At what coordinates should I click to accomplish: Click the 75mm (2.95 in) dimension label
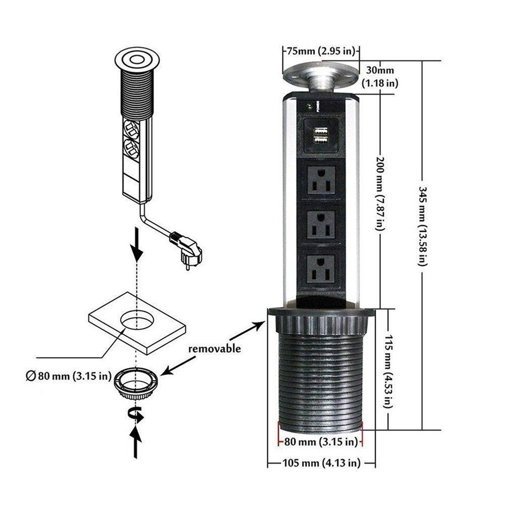(x=322, y=50)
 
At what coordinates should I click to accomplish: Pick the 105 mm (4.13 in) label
(x=321, y=463)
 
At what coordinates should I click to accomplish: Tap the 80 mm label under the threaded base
(x=320, y=442)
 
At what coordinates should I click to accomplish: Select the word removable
(x=214, y=348)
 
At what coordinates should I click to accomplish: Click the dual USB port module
(x=320, y=135)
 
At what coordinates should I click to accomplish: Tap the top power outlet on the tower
(x=321, y=180)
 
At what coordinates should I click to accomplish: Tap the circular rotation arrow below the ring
(x=137, y=414)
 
